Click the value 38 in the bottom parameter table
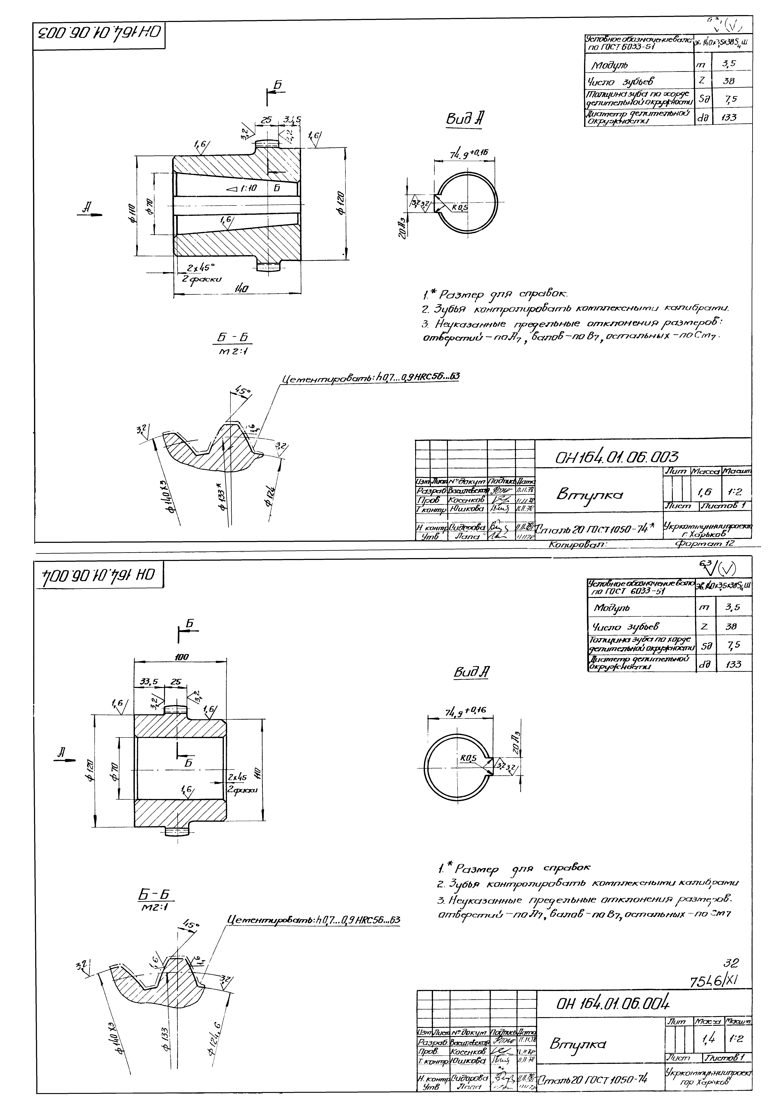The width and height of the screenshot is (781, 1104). pos(733,626)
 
